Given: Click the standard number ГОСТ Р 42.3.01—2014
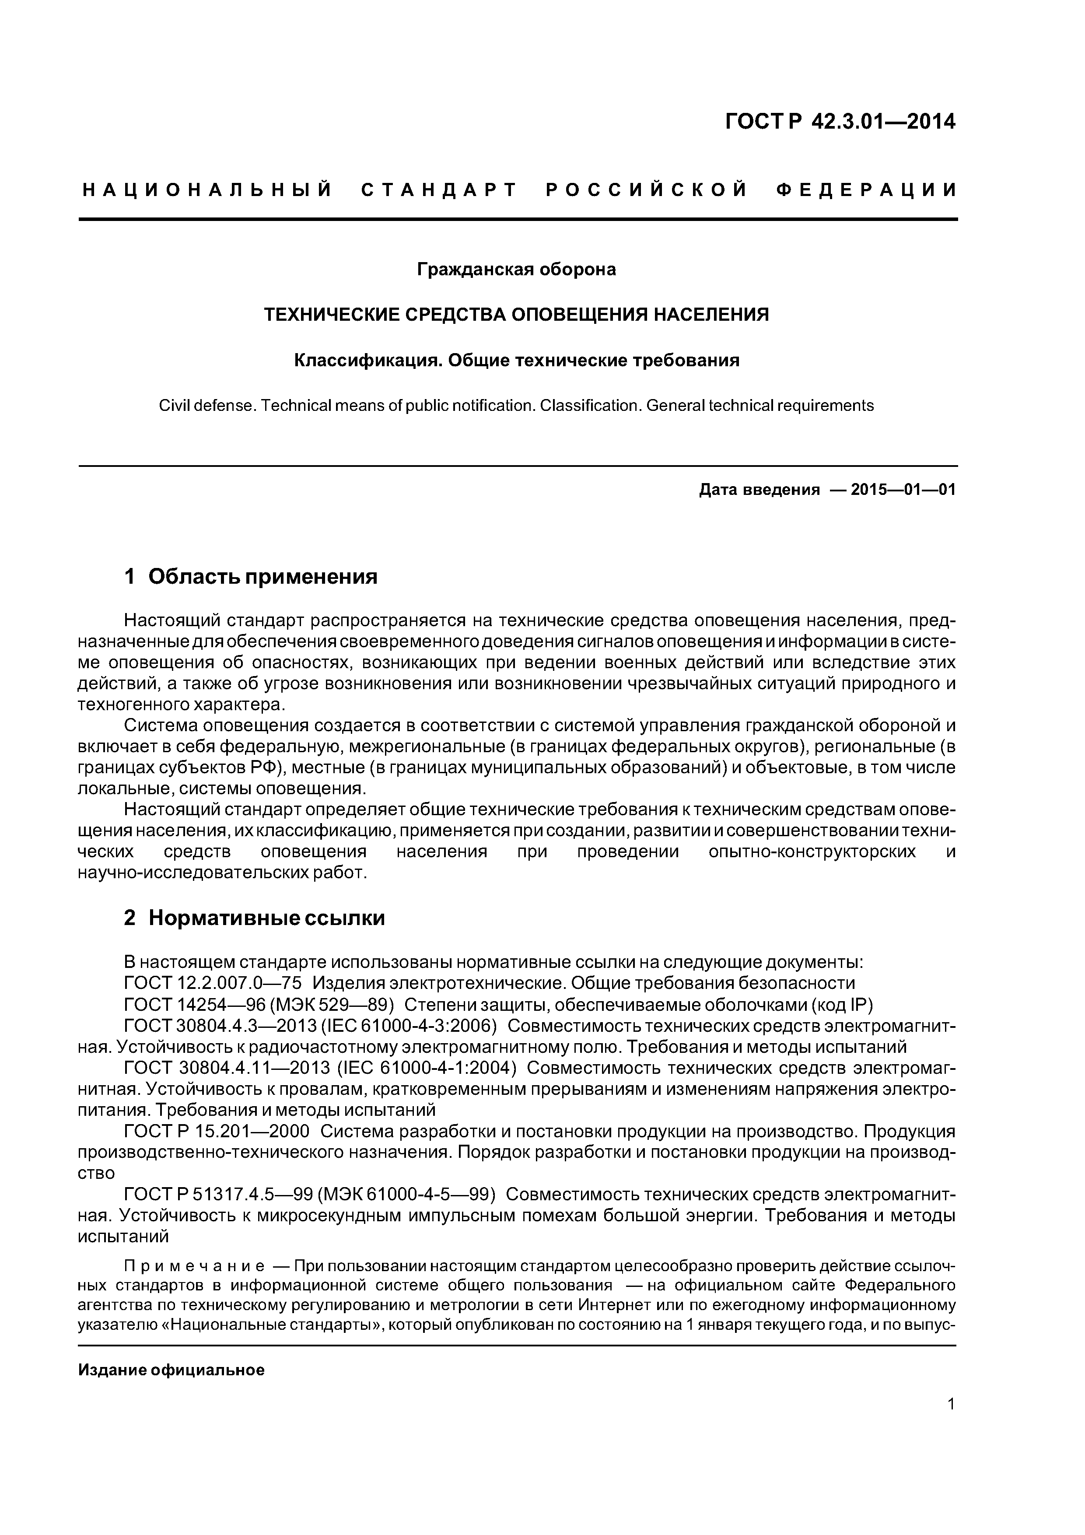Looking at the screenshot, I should coord(840,122).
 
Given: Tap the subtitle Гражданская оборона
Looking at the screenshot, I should coord(516,270).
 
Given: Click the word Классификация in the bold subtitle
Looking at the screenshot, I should coord(367,361).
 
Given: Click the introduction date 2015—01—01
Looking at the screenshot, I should coord(903,490).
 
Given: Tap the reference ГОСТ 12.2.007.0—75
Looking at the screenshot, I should coord(213,983).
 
